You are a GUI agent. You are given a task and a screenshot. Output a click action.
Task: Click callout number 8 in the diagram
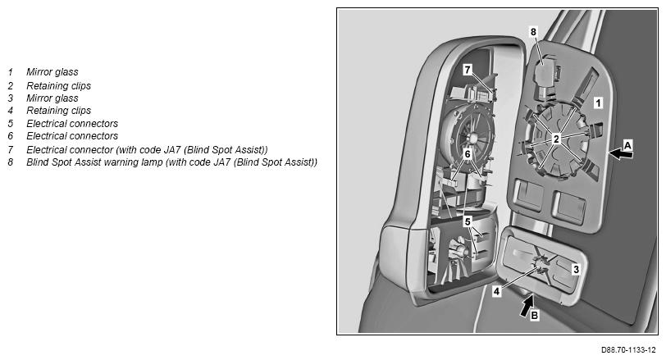pos(533,32)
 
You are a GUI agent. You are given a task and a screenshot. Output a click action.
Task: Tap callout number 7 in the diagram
pos(468,70)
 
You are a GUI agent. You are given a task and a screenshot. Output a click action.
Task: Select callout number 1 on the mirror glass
pos(598,103)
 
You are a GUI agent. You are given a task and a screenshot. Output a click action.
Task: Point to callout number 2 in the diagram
pos(556,139)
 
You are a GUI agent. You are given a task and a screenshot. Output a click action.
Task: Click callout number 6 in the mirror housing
pos(468,153)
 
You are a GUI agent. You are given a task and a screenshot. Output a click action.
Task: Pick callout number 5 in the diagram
pos(468,221)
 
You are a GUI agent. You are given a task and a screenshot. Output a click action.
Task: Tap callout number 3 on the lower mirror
pos(576,269)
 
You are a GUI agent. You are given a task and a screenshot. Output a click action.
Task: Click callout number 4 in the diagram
pos(496,292)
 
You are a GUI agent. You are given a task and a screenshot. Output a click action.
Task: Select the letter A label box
pos(627,145)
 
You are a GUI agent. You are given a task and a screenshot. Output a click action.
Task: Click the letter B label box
pos(534,316)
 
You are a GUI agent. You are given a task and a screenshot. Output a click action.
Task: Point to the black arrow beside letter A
pos(621,155)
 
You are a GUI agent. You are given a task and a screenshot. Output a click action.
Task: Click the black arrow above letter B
pos(527,306)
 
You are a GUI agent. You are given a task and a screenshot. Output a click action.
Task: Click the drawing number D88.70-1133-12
pos(628,350)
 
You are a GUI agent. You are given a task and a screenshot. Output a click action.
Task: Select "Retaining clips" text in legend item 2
pos(58,86)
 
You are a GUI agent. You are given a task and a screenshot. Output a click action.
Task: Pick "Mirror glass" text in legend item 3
pos(52,98)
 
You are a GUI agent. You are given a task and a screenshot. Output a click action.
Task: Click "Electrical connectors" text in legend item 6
pos(72,136)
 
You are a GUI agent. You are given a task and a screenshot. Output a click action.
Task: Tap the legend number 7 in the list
pos(10,150)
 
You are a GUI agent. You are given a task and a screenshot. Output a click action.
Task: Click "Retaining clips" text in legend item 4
pos(58,111)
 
